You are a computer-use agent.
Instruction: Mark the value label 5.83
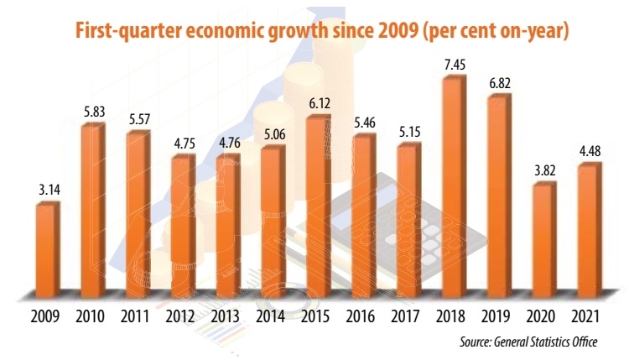point(92,111)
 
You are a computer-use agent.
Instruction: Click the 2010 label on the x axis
point(92,319)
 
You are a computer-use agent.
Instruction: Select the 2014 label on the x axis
point(272,319)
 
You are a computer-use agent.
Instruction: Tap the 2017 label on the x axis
point(408,319)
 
